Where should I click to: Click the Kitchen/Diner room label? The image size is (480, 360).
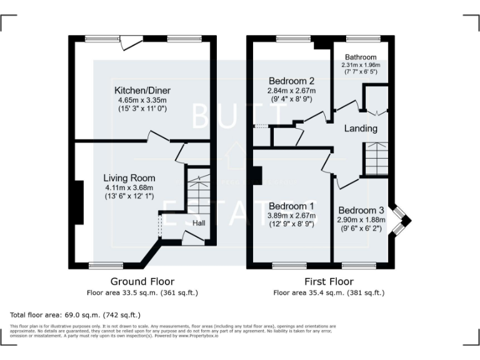(142, 91)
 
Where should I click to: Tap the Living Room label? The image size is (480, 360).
(129, 178)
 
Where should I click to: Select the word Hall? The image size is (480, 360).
(199, 223)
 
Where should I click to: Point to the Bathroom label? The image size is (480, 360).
(361, 56)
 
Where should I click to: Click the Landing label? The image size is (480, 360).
(361, 129)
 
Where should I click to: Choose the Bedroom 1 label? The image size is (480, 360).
(291, 206)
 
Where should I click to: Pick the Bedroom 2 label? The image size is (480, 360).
(291, 81)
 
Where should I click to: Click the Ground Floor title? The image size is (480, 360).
(142, 281)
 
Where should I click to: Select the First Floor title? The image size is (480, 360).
(329, 281)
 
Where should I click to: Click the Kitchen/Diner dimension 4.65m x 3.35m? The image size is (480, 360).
(142, 100)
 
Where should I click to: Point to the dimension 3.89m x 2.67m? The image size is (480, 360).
(291, 216)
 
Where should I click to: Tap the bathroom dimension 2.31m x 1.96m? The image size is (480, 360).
(361, 64)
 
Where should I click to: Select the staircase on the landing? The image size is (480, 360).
(376, 159)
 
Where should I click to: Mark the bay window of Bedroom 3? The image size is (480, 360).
(401, 221)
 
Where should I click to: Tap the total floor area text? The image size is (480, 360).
(76, 315)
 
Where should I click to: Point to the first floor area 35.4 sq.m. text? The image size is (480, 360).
(329, 292)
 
